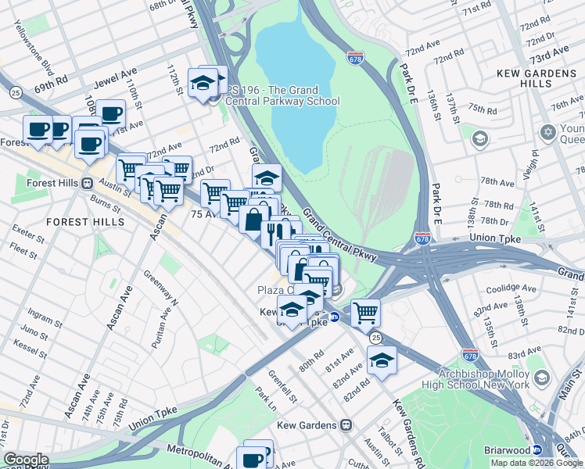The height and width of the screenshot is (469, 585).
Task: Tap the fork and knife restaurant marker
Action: [x=275, y=232]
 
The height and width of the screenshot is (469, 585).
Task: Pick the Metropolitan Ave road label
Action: [x=199, y=451]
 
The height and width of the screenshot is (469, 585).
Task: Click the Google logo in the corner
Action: [x=26, y=460]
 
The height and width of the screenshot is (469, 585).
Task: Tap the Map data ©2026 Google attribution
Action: [x=537, y=463]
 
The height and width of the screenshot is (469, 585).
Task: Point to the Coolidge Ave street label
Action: [x=511, y=288]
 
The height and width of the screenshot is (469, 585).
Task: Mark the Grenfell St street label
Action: [x=284, y=385]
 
